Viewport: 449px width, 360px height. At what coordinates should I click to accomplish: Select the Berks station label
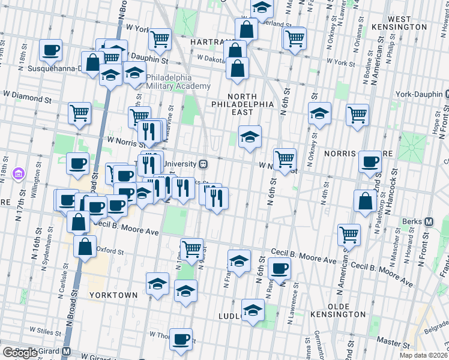click(410, 221)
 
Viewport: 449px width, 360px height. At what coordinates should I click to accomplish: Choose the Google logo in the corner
click(20, 353)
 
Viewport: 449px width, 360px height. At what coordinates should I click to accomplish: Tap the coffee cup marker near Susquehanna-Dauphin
click(51, 50)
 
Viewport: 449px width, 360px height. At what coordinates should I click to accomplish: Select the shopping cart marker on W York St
click(160, 40)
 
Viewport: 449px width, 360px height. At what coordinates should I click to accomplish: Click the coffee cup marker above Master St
click(181, 339)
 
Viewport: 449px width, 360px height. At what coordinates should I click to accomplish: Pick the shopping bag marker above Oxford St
click(85, 245)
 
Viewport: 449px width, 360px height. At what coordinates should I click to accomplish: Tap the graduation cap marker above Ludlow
click(253, 310)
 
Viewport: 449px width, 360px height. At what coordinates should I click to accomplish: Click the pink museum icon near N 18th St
click(19, 174)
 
